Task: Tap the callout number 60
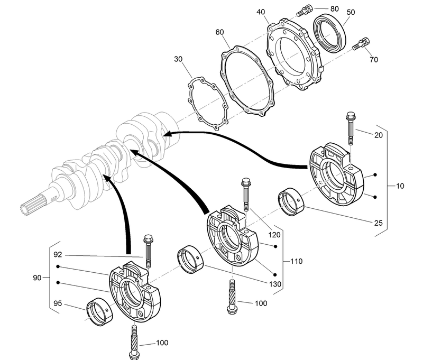[219, 32]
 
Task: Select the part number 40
[261, 12]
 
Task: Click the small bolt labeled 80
[305, 10]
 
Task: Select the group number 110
[296, 261]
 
